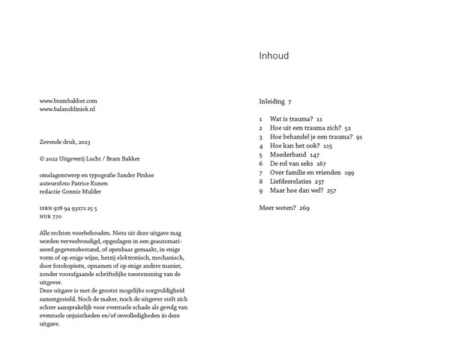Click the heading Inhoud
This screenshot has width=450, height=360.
pyautogui.click(x=274, y=56)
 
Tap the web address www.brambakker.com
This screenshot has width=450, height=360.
pyautogui.click(x=68, y=100)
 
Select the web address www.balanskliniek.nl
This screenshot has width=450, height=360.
pyautogui.click(x=67, y=109)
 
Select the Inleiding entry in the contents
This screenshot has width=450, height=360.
pyautogui.click(x=271, y=101)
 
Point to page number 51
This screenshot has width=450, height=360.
pyautogui.click(x=347, y=128)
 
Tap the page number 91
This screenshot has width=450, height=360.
pyautogui.click(x=359, y=137)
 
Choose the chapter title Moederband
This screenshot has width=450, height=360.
pyautogui.click(x=288, y=155)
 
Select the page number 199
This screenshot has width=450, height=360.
pyautogui.click(x=349, y=172)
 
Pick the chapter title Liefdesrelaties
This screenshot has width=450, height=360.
pyautogui.click(x=291, y=181)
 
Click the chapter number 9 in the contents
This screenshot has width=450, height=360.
pyautogui.click(x=260, y=190)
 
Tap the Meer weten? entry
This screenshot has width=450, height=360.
pyautogui.click(x=277, y=208)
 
